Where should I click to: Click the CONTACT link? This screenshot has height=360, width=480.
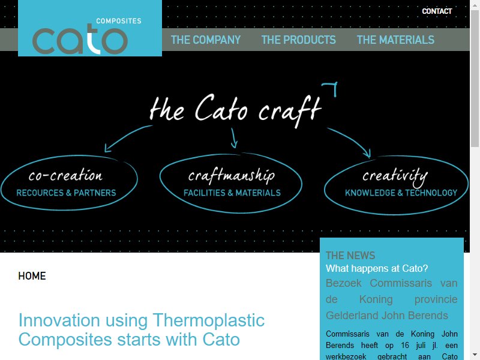tap(437, 11)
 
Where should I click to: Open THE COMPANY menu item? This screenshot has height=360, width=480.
tap(206, 40)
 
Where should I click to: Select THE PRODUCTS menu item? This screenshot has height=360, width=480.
tap(298, 40)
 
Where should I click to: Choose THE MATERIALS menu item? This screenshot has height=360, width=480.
tap(395, 40)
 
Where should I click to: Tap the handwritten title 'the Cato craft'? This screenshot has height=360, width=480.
tap(235, 110)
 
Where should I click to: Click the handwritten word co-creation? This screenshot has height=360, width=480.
tap(65, 175)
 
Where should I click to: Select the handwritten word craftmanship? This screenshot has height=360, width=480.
tap(232, 176)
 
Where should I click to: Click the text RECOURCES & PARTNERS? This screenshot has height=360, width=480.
tap(66, 193)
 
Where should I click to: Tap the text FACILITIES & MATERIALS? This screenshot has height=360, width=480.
tap(232, 193)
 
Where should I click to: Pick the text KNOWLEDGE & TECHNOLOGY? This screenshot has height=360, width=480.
tap(401, 193)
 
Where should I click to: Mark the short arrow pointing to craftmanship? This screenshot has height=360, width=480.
tap(233, 139)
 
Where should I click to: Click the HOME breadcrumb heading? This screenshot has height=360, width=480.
tap(32, 276)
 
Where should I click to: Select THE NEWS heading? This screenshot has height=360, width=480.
tap(350, 256)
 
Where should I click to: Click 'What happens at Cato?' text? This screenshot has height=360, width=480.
tap(377, 268)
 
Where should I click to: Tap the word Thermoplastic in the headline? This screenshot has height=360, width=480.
tap(208, 320)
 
